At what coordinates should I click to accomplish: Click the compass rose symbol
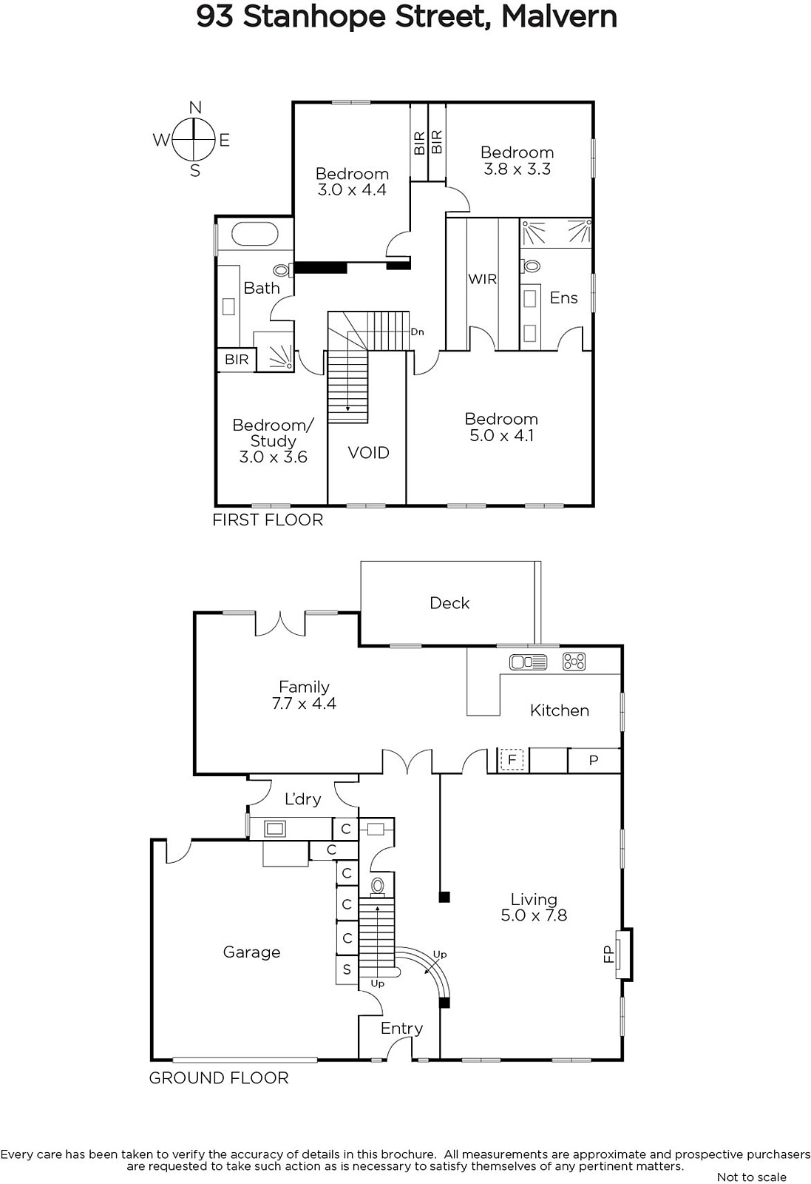coord(194,140)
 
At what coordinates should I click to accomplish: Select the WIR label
coord(483,279)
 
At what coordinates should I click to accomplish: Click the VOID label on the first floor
coord(369,452)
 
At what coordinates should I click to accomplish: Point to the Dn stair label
coord(417,332)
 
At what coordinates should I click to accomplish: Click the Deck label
coord(449,603)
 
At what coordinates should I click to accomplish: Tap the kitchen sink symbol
coord(528,662)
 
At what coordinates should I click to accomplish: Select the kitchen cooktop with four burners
coord(574,662)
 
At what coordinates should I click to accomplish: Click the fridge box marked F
coord(512,760)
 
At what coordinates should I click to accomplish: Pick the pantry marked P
coord(594,761)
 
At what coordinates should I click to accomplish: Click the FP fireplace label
coord(608,954)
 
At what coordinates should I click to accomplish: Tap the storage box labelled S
coord(347,969)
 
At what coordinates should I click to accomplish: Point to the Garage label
coord(251,952)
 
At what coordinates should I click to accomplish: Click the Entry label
coord(402,1029)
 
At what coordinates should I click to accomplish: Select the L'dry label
coord(302,798)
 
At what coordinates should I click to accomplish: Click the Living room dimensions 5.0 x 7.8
coord(534,915)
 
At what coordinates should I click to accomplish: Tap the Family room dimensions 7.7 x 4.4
coord(304,703)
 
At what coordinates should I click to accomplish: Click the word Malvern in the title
coord(559,16)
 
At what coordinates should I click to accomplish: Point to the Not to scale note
coord(751,1177)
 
